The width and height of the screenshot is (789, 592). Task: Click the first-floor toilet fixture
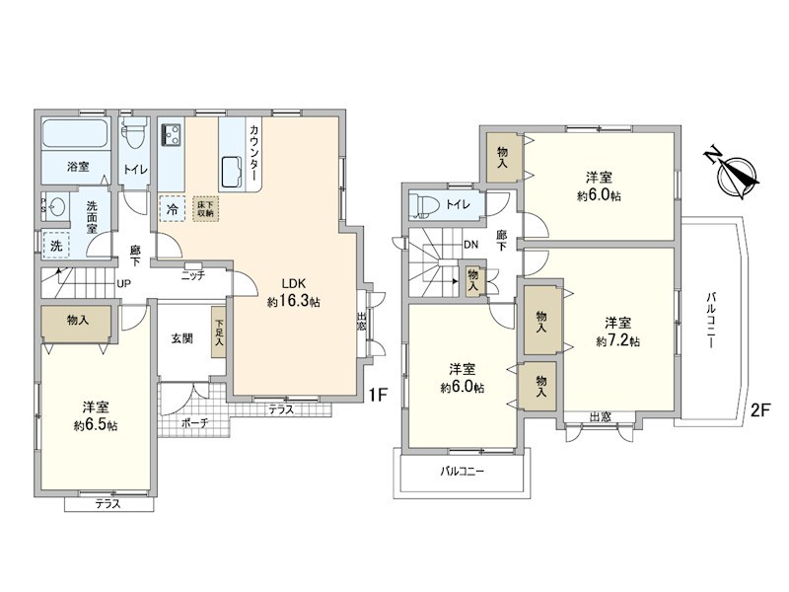click(x=134, y=136)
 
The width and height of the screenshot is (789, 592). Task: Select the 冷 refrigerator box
click(x=173, y=209)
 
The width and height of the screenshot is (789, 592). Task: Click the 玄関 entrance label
click(x=181, y=338)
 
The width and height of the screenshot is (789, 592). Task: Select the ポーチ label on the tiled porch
click(x=193, y=422)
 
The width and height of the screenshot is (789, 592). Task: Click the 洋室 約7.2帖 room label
click(x=617, y=332)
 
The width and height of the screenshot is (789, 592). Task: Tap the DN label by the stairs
click(x=471, y=244)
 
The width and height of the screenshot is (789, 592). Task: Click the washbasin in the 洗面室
click(x=57, y=207)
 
